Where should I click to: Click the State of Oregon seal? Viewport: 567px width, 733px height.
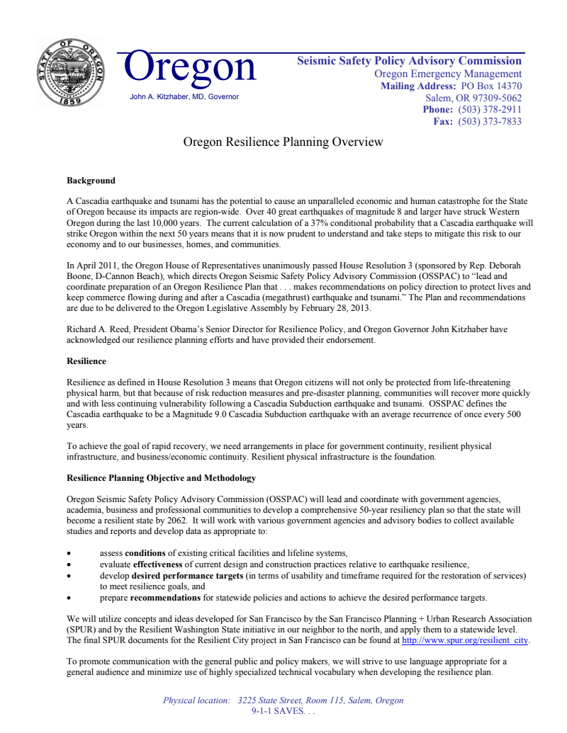(70, 73)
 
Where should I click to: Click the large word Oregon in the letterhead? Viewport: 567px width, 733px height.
(190, 67)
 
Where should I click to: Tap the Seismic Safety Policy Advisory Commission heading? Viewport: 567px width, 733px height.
(409, 61)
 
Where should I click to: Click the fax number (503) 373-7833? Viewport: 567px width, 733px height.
(490, 122)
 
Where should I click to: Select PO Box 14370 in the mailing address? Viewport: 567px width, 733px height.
(490, 86)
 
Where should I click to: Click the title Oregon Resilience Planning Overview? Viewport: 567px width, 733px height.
(283, 142)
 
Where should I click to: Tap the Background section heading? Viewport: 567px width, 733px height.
(91, 181)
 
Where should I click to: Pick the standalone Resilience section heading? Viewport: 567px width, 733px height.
(86, 361)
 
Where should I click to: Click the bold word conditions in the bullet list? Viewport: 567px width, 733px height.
(145, 552)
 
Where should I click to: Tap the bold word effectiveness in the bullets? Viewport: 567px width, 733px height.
(157, 564)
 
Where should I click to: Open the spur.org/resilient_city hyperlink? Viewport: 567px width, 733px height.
(465, 640)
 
